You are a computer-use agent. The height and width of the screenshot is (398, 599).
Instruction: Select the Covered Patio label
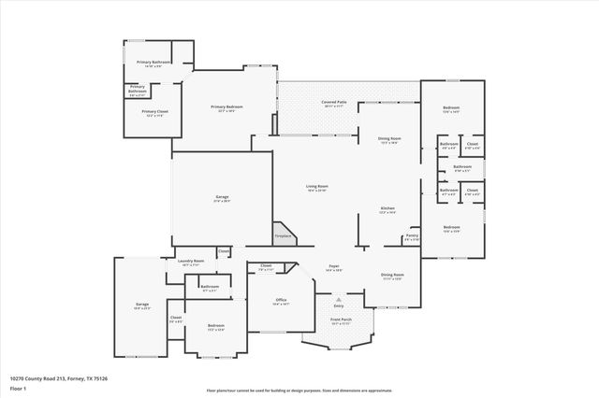point(334,103)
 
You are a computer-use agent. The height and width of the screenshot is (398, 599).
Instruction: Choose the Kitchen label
point(387,209)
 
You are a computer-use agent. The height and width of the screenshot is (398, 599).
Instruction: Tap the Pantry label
point(411,236)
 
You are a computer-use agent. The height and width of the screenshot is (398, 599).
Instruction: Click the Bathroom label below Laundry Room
point(210,288)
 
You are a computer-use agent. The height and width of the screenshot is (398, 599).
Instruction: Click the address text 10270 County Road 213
point(58,378)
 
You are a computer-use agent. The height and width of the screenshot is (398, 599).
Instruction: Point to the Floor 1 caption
point(18,387)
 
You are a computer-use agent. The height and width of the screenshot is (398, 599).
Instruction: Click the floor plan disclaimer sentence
point(299,391)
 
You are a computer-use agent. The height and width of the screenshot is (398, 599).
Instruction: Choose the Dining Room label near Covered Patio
point(389,140)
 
